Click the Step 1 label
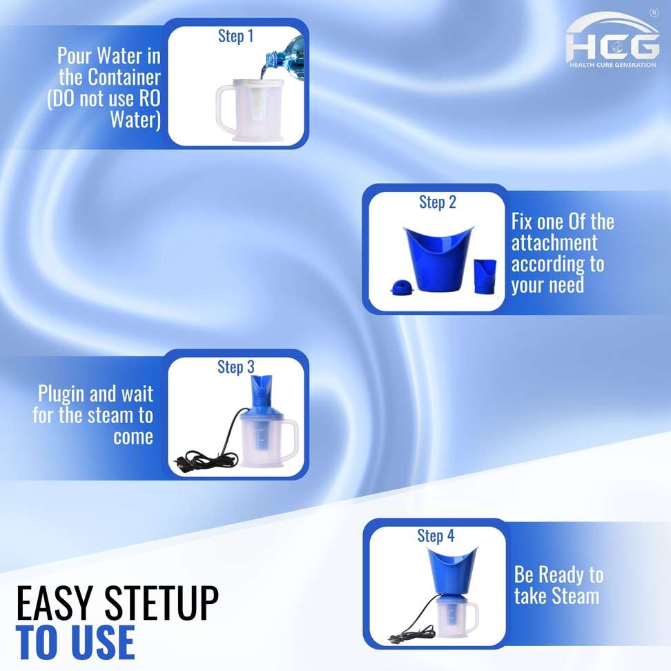coord(235,37)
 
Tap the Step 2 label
coord(438,202)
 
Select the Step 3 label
coord(236,367)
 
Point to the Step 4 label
coord(436,536)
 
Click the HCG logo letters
coord(612,47)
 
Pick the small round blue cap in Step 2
coord(402,286)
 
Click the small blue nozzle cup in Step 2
coord(485,276)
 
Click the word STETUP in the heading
coord(162,603)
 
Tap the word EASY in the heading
coord(55,603)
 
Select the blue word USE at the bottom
coord(103,642)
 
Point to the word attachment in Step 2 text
coord(554,243)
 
